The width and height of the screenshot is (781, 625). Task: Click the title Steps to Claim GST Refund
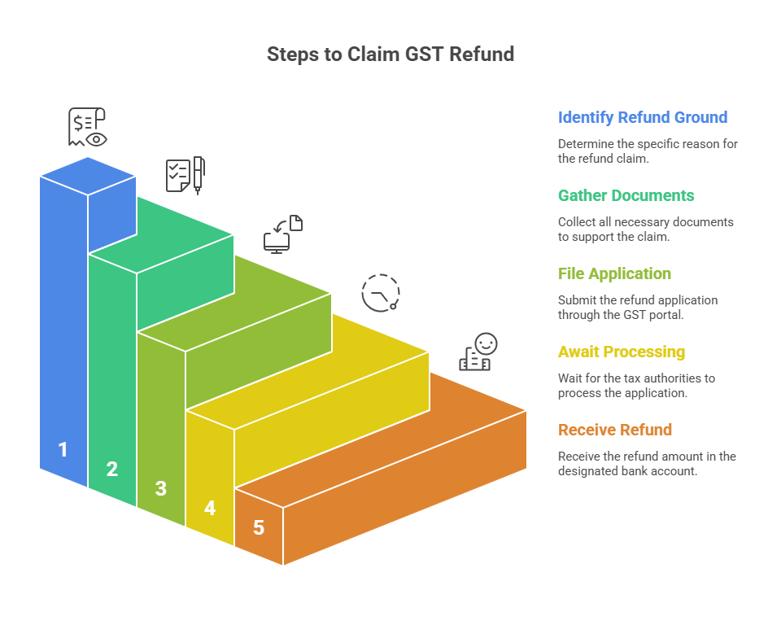pyautogui.click(x=390, y=55)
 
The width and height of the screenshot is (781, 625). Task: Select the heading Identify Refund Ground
pyautogui.click(x=642, y=117)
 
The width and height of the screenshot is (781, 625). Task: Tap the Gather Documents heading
pyautogui.click(x=626, y=195)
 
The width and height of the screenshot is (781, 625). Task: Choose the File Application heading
pyautogui.click(x=614, y=273)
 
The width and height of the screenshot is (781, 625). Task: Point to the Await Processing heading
pyautogui.click(x=621, y=352)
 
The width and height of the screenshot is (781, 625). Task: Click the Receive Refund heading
pyautogui.click(x=614, y=430)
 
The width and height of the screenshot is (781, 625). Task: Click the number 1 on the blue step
pyautogui.click(x=63, y=449)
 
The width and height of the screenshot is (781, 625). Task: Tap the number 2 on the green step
pyautogui.click(x=112, y=469)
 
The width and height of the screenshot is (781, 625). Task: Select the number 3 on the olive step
pyautogui.click(x=161, y=488)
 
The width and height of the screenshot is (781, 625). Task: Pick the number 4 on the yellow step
pyautogui.click(x=210, y=508)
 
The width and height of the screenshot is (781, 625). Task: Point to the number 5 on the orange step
pyautogui.click(x=259, y=527)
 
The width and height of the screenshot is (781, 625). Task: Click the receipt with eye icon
pyautogui.click(x=87, y=127)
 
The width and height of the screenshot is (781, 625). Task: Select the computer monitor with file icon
pyautogui.click(x=283, y=234)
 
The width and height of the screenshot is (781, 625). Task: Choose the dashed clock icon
pyautogui.click(x=381, y=293)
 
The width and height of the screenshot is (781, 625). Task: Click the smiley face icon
pyautogui.click(x=478, y=352)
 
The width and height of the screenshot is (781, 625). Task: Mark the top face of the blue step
pyautogui.click(x=88, y=175)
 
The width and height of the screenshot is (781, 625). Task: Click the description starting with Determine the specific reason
pyautogui.click(x=648, y=151)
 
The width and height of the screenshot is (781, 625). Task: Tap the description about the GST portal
pyautogui.click(x=637, y=307)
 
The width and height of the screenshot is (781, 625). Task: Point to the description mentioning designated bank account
pyautogui.click(x=646, y=463)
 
